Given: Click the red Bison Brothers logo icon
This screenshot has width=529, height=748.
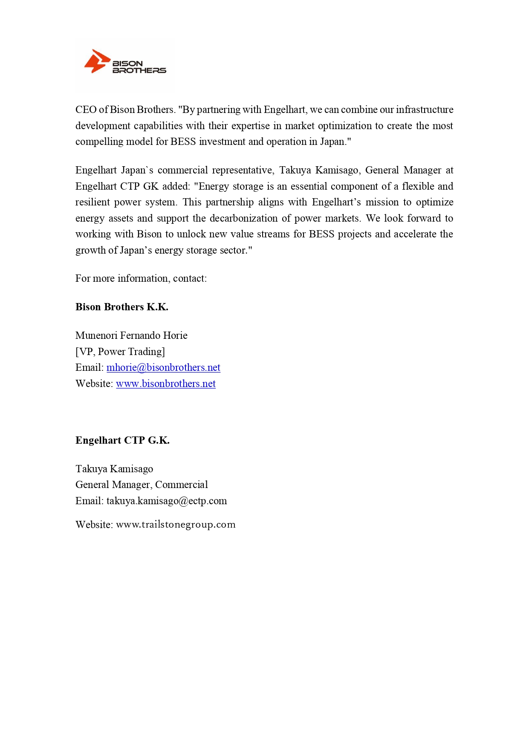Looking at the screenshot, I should tap(96, 62).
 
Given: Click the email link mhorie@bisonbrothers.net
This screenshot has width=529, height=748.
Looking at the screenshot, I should tap(163, 367).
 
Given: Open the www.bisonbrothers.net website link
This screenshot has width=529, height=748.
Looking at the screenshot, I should tap(166, 384).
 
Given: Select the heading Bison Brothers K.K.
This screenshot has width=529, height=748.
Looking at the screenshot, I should tap(122, 307).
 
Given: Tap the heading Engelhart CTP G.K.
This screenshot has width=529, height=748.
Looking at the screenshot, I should tap(122, 440).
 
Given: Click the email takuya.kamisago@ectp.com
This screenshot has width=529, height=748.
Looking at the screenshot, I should tap(167, 501).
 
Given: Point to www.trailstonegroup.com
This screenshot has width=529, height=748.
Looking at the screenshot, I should tap(176, 524).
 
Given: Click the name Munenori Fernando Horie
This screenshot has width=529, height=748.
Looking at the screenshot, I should tap(131, 335).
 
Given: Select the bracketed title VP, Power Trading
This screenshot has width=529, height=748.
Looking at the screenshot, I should tap(120, 352).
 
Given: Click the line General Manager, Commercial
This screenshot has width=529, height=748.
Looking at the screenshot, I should tap(142, 485).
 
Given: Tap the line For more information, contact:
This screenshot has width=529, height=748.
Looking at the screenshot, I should tap(141, 278).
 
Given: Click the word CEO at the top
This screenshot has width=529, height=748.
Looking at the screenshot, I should tap(86, 110).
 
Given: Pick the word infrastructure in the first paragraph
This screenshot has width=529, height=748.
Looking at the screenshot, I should tap(425, 110).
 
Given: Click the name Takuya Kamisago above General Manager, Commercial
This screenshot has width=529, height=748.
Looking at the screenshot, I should tap(114, 469).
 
